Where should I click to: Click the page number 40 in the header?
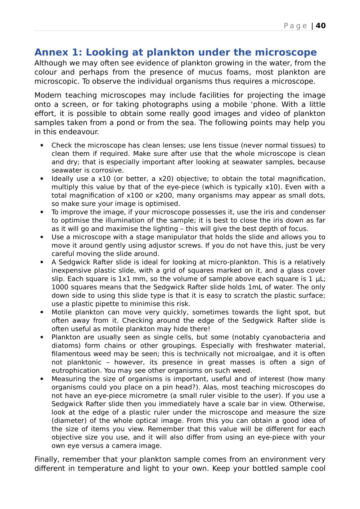[321, 26]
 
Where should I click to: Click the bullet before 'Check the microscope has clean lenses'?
[42, 146]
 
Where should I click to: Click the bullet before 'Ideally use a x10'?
[42, 179]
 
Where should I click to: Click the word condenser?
[308, 212]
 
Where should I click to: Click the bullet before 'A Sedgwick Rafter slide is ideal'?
[42, 262]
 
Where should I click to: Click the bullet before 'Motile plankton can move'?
[42, 312]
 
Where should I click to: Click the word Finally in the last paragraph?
[47, 460]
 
